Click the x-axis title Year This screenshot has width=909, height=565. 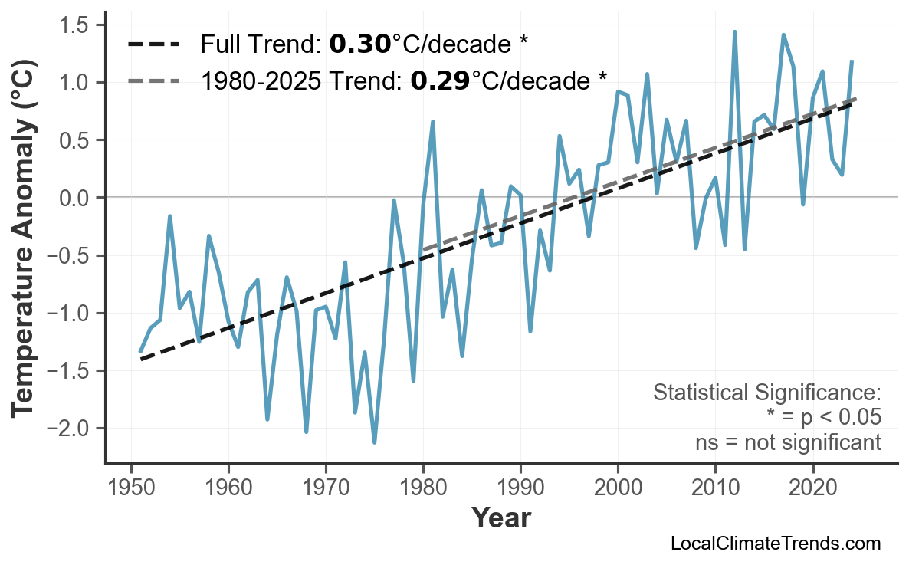500,518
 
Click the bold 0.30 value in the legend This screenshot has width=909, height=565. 360,44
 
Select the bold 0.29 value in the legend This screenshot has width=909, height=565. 440,80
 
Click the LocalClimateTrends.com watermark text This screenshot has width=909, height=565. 775,544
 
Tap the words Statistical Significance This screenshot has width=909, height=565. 766,393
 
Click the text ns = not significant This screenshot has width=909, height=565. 788,442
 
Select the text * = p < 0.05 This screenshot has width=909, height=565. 823,418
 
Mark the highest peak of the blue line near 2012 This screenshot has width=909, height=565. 734,32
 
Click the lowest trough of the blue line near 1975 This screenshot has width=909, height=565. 374,442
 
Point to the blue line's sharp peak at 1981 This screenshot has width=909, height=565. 433,121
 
